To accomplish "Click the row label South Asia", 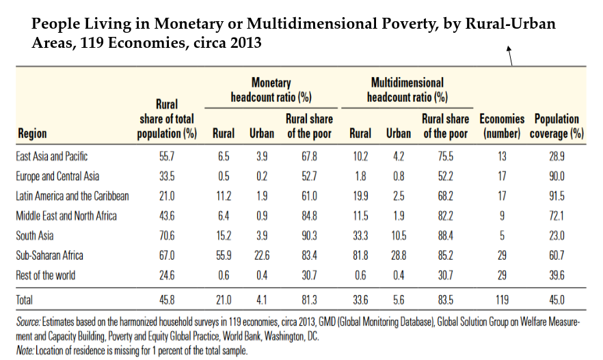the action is point(35,236).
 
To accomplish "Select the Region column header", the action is point(32,134).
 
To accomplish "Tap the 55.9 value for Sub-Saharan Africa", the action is point(224,255).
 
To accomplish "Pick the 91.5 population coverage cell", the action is point(557,196).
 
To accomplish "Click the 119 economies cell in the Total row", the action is point(502,300).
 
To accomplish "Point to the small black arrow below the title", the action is point(509,56).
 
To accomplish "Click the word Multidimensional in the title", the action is point(312,24).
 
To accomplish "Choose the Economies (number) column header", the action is point(502,126).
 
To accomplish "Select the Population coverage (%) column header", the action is point(557,126).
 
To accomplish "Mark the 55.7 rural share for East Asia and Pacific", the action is point(167,156).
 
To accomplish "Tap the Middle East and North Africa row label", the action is point(66,216).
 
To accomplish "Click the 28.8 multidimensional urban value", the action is point(399,255).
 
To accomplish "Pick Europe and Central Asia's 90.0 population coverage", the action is point(557,176).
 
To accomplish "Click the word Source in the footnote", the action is point(28,322).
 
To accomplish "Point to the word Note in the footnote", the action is point(25,350).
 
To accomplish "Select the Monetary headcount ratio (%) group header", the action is point(271,90).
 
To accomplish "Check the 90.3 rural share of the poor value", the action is point(309,236).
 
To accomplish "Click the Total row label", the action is point(24,300).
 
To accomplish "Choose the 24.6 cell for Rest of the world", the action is point(167,275).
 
